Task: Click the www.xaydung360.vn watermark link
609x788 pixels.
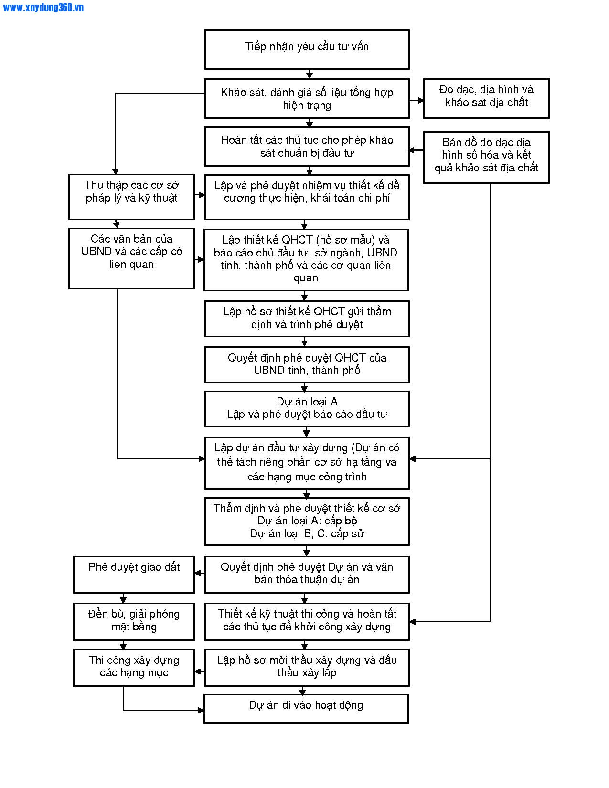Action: (43, 8)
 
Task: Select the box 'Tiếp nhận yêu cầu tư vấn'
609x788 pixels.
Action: (307, 49)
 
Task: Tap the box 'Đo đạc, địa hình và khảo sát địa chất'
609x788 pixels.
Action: (486, 98)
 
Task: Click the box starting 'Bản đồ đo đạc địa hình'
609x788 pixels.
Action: (486, 158)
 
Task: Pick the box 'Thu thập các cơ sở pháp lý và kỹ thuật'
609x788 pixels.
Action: (131, 197)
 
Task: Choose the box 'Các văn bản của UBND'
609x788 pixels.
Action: (131, 258)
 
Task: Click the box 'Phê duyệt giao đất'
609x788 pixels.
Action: (134, 575)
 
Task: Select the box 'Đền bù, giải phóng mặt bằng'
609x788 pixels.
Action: (134, 621)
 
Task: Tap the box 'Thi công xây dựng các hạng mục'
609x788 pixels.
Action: (134, 668)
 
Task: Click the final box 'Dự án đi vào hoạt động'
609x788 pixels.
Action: (306, 709)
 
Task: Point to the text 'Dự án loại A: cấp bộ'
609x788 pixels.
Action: (307, 521)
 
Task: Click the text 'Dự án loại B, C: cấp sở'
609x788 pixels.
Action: (307, 533)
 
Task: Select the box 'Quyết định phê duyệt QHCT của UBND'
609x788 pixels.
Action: (307, 364)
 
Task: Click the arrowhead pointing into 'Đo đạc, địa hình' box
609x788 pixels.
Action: (421, 100)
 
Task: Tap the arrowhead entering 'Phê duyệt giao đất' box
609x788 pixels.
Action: (198, 573)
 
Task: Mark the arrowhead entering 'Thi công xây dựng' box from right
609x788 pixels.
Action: (198, 671)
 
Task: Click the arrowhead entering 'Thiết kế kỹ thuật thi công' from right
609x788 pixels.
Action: (413, 622)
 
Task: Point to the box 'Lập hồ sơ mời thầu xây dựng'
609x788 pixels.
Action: (307, 668)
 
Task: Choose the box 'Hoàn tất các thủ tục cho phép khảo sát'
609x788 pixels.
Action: (307, 146)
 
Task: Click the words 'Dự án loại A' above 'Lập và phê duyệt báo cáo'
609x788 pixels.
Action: (307, 402)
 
